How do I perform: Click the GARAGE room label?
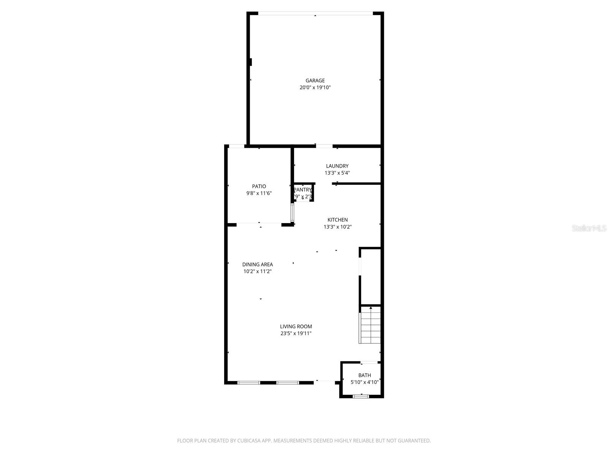tap(315, 81)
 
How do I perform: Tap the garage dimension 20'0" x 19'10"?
tap(315, 87)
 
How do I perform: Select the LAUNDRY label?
tap(337, 166)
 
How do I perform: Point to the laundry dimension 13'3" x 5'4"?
tap(337, 173)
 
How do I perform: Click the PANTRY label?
tap(303, 190)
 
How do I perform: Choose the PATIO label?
tap(259, 186)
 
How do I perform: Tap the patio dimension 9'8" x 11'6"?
tap(259, 193)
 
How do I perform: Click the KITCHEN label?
tap(337, 220)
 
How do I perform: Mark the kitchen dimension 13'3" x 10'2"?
tap(337, 227)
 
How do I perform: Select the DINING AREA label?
tap(257, 264)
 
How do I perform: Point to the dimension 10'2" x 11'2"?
tap(257, 271)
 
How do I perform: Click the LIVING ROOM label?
tap(296, 326)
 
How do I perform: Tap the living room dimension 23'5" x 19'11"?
tap(296, 334)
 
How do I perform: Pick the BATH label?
tap(364, 375)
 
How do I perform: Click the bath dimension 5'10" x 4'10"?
tap(364, 382)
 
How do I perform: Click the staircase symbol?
tap(370, 325)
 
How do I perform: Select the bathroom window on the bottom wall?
tap(361, 396)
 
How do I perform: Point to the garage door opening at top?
tap(315, 14)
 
